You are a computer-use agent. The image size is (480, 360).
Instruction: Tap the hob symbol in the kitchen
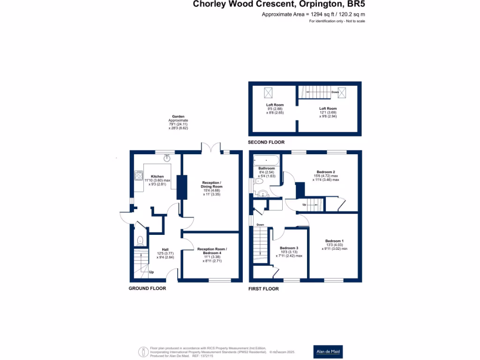click(x=139, y=176)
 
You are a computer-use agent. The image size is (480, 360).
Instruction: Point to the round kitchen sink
click(x=166, y=158)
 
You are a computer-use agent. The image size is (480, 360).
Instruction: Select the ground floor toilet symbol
click(x=139, y=241)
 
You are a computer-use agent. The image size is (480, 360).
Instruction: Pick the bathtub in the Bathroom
click(x=266, y=162)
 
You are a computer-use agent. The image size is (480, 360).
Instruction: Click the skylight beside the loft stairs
click(x=343, y=92)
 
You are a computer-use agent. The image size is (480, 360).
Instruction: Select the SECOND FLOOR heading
click(x=266, y=142)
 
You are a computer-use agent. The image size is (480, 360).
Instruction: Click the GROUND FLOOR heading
click(x=147, y=288)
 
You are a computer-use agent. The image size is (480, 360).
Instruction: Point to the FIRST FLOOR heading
click(x=263, y=289)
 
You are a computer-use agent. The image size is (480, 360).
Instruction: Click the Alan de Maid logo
click(x=328, y=352)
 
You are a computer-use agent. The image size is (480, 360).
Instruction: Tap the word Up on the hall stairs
click(x=151, y=272)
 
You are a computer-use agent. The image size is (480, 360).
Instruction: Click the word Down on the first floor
click(x=260, y=225)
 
